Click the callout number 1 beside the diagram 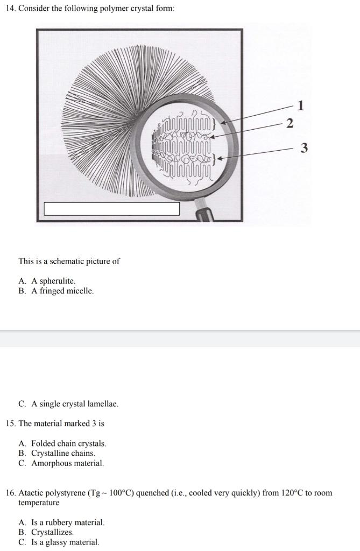(301, 105)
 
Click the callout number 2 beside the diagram (290, 124)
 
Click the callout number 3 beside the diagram (304, 148)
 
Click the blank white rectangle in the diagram (111, 209)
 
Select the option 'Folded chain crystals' (68, 443)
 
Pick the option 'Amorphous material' (67, 463)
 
